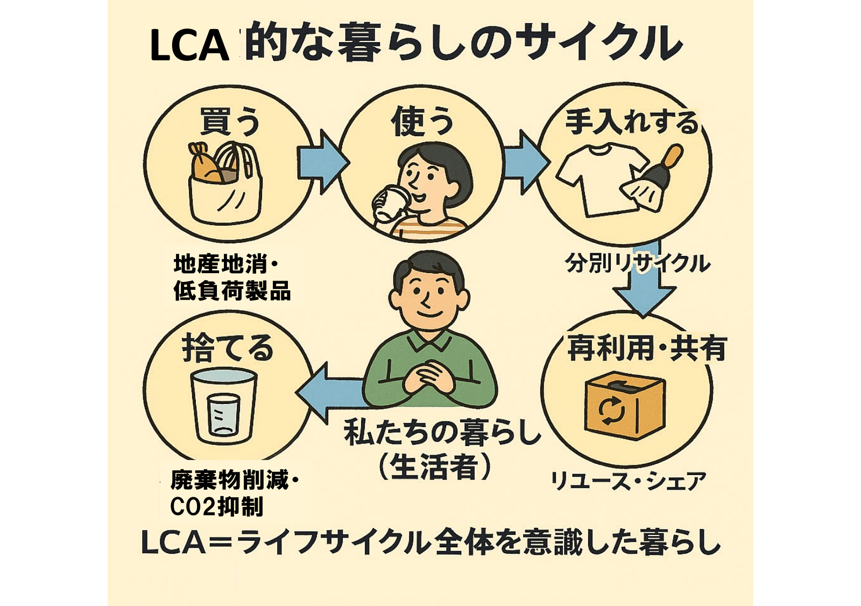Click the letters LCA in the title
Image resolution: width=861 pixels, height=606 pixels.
189,46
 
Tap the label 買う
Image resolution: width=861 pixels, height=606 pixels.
230,121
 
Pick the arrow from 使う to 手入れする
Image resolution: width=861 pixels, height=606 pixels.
525,162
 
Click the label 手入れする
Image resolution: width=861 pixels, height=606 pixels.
631,122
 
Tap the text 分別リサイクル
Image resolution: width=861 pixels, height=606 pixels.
638,264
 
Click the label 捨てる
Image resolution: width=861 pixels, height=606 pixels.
228,349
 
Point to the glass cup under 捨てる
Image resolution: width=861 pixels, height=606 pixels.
223,407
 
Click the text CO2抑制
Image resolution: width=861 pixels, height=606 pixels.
216,506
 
